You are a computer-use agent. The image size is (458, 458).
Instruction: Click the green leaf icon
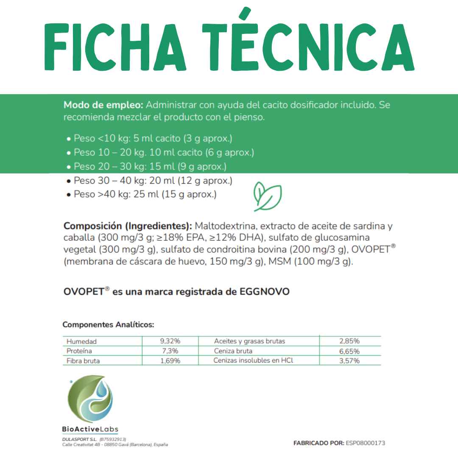click(267, 197)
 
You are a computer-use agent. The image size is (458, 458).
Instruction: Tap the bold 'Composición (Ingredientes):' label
click(128, 226)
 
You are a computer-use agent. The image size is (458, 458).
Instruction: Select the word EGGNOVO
click(265, 292)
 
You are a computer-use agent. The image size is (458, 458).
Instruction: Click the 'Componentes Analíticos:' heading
click(108, 325)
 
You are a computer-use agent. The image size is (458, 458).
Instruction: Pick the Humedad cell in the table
click(82, 341)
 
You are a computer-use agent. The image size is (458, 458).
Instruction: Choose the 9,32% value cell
click(170, 341)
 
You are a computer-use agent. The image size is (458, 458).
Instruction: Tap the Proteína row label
click(79, 351)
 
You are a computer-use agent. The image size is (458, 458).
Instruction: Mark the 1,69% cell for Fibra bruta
click(170, 361)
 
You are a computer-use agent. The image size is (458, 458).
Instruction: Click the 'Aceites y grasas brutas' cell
click(249, 341)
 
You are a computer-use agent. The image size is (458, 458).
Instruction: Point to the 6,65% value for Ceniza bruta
click(349, 351)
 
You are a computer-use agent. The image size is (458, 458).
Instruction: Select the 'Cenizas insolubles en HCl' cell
click(253, 360)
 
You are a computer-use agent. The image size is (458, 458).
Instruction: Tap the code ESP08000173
click(366, 443)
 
